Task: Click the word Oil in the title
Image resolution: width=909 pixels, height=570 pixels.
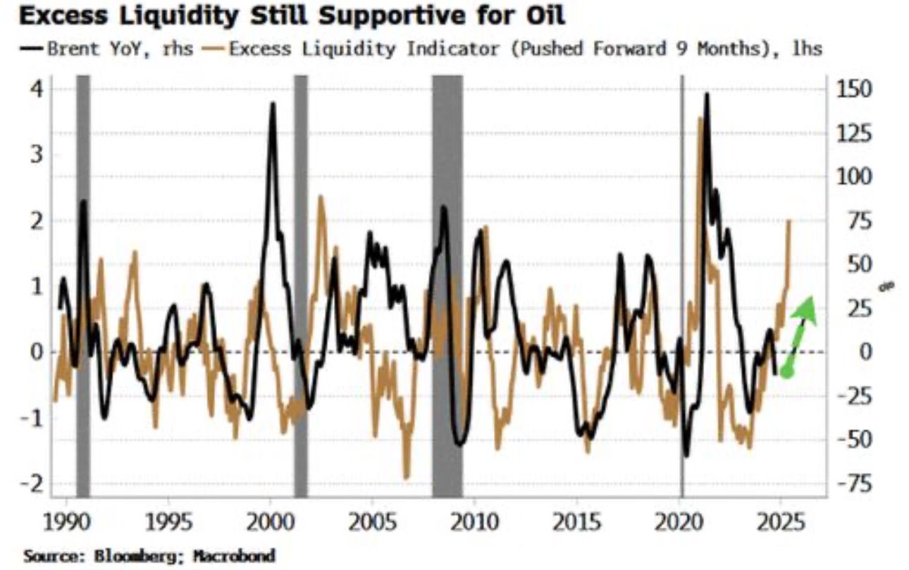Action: pyautogui.click(x=544, y=16)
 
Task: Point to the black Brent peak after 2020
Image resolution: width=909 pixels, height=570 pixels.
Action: pyautogui.click(x=706, y=95)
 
